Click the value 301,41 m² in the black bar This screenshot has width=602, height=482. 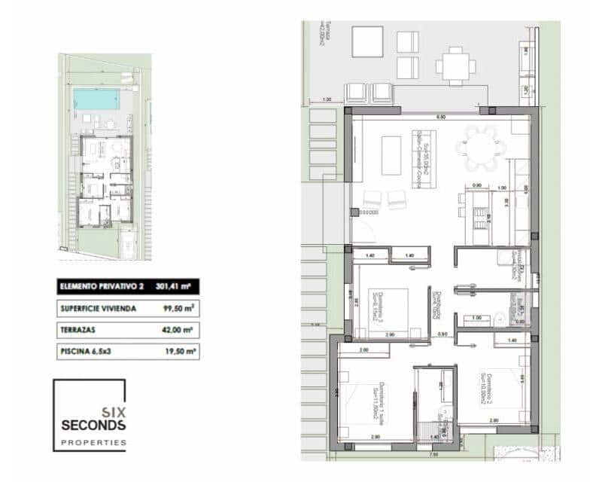coord(172,286)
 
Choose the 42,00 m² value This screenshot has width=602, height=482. coord(181,330)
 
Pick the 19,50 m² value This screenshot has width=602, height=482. coord(181,352)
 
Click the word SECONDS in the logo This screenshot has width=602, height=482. coord(94,426)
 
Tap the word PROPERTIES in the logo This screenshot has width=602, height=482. coord(94,443)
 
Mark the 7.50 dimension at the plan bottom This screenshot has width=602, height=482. coord(434,455)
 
